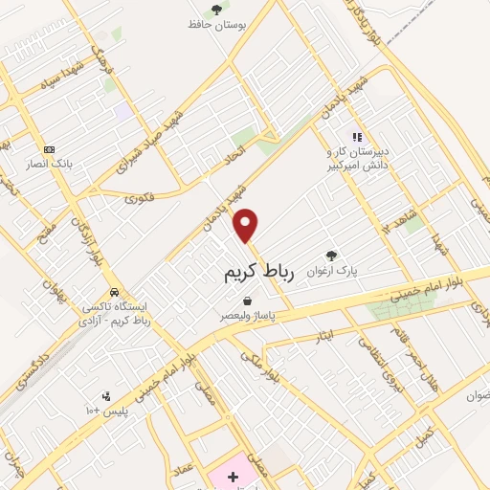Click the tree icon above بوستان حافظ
[216, 10]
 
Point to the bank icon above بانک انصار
[50, 149]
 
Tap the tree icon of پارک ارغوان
[331, 255]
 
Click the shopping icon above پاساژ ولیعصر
[247, 301]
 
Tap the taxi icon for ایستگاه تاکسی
[114, 291]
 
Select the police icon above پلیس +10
[105, 394]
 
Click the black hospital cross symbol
[233, 475]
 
